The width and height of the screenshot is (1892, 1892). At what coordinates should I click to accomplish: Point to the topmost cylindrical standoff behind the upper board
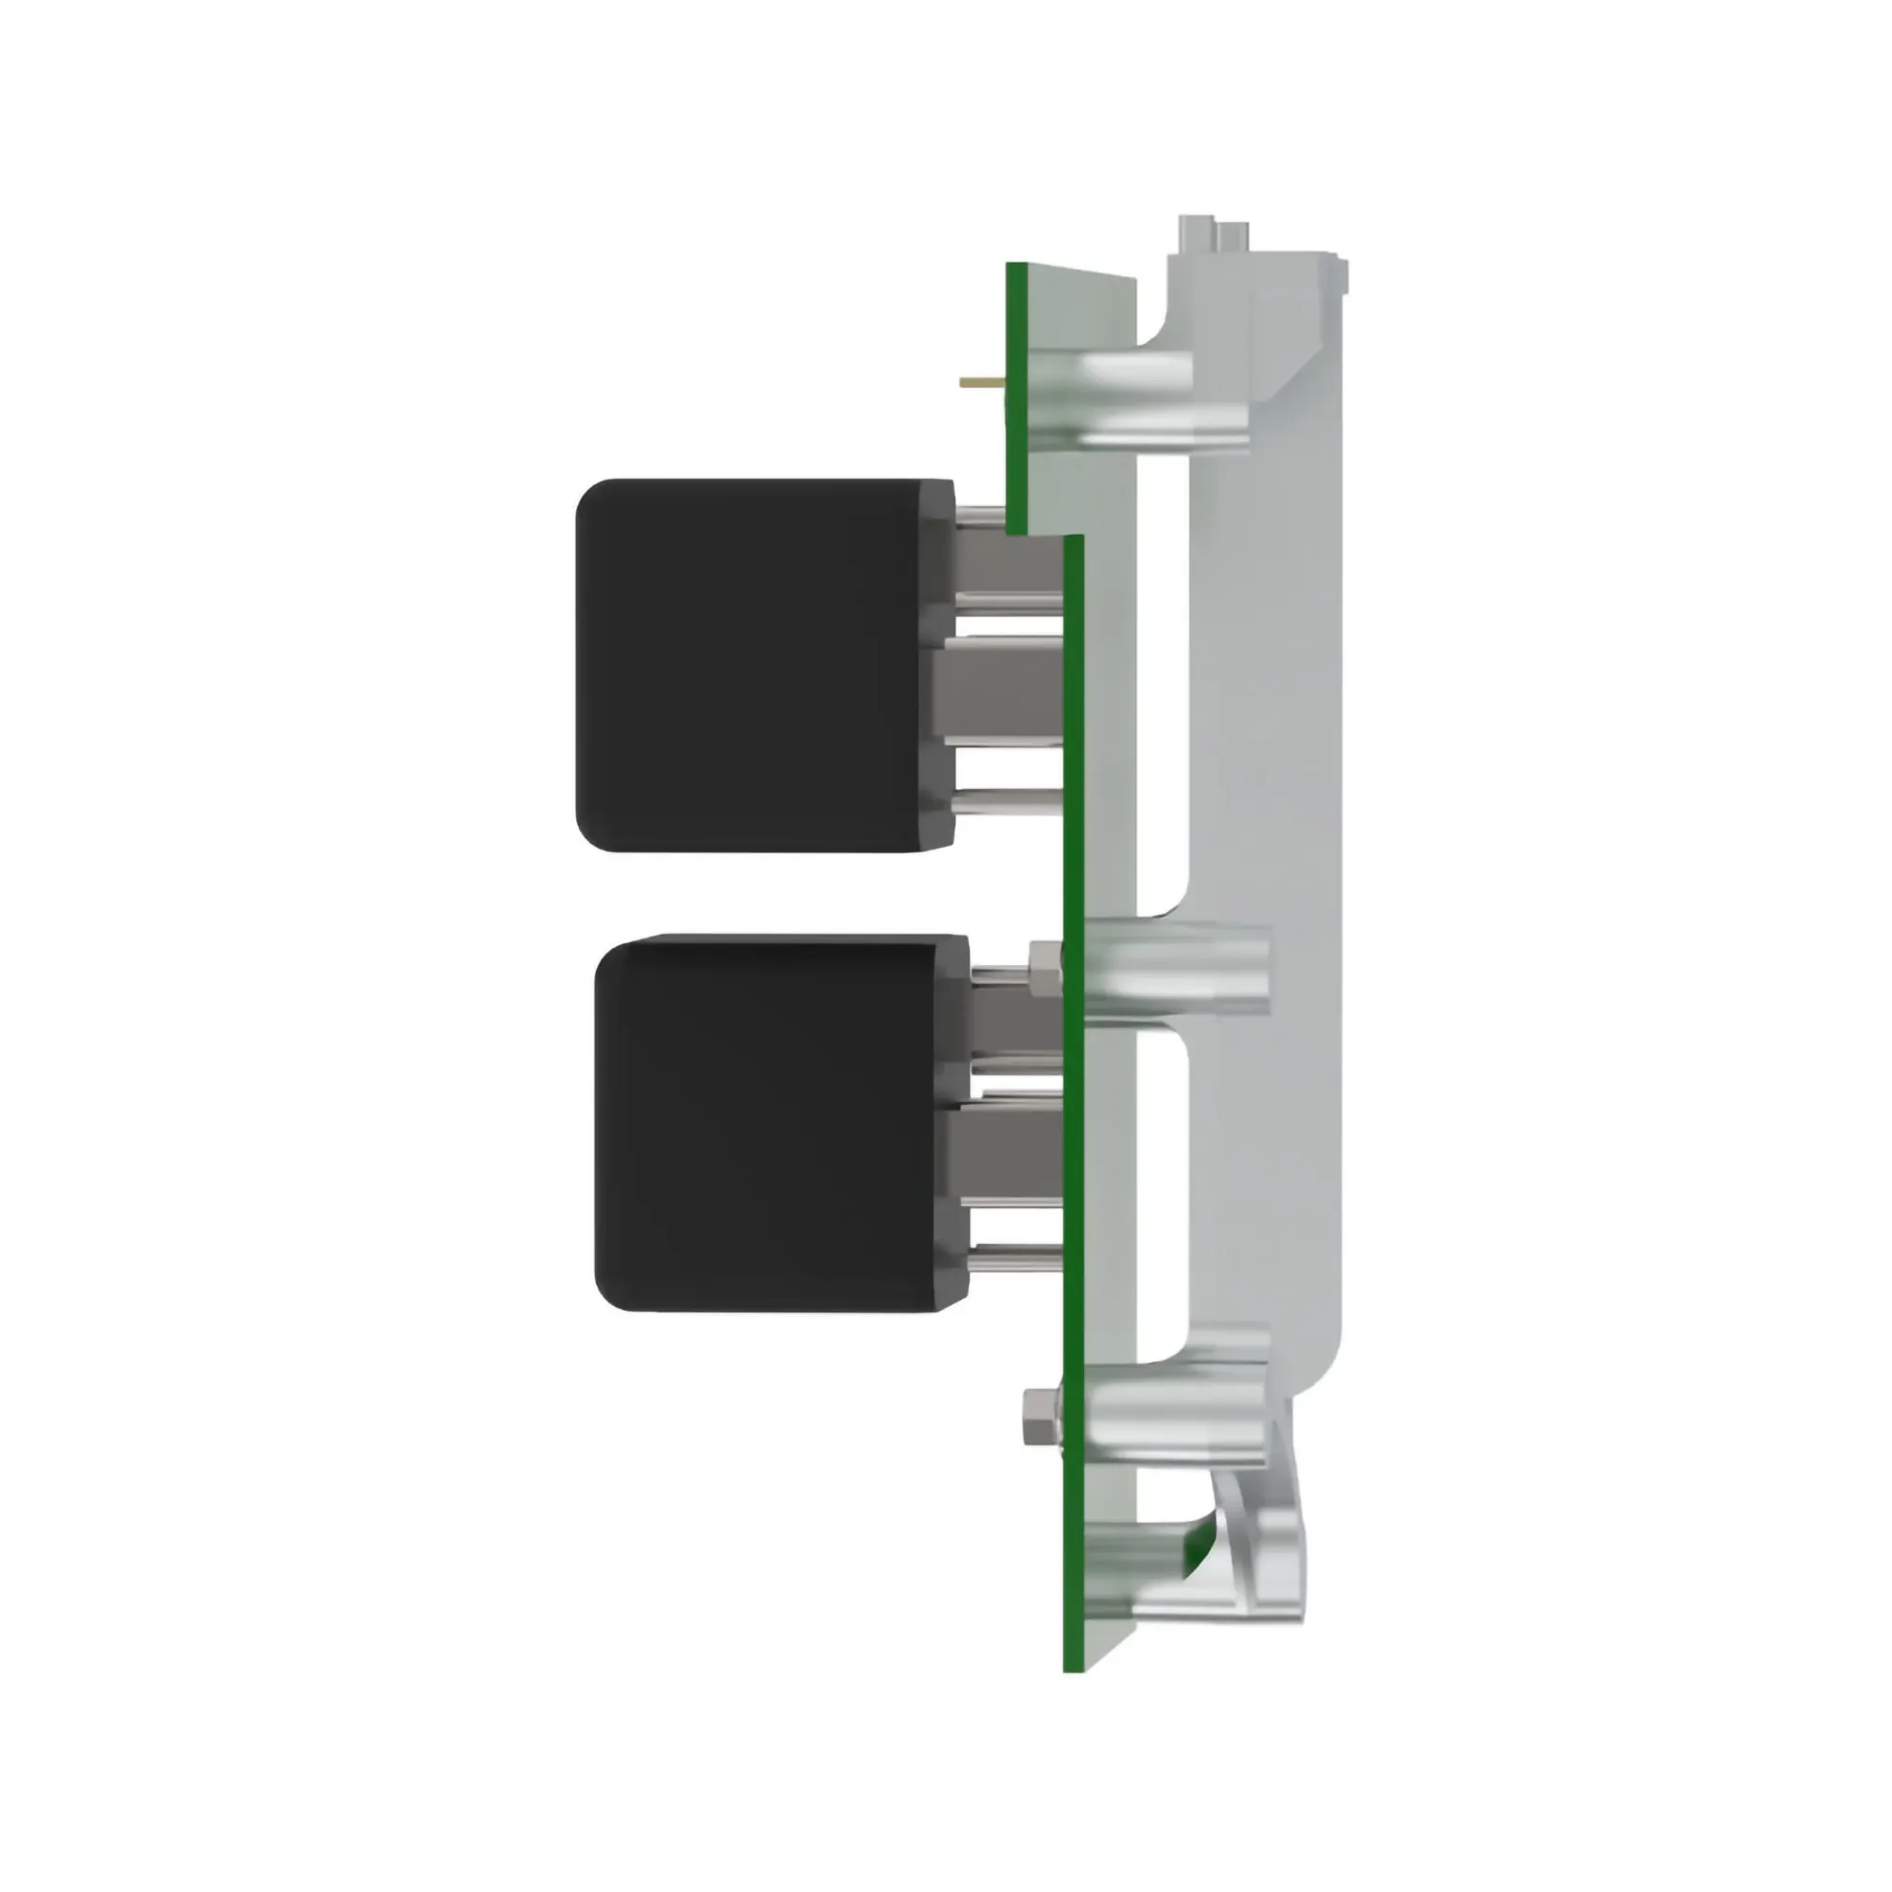point(1136,371)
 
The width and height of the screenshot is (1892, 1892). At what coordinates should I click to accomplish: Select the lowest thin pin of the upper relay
point(1008,804)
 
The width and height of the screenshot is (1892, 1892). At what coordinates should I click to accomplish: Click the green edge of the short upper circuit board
point(1015,392)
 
